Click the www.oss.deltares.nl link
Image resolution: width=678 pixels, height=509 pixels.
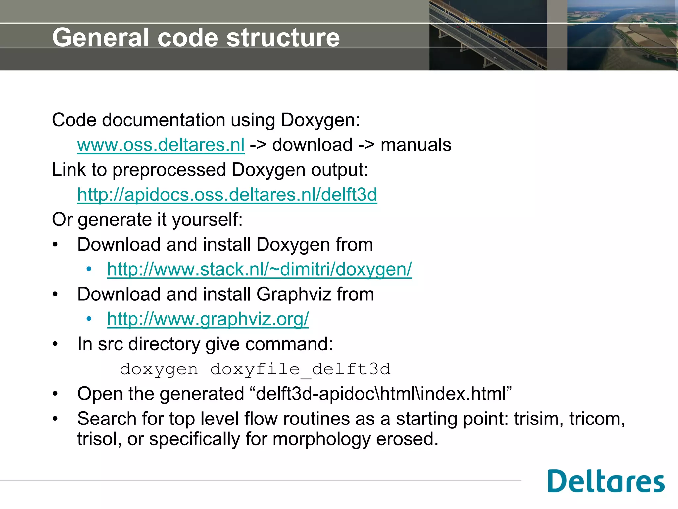[161, 145]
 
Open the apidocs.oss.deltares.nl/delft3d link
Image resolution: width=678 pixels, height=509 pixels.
[227, 195]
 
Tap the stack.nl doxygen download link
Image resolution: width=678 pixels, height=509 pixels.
[259, 269]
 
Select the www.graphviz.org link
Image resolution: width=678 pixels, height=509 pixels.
[208, 319]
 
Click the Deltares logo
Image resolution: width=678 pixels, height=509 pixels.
[606, 481]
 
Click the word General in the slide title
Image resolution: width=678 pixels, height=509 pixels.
[101, 37]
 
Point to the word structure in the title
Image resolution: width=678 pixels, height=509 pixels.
[283, 37]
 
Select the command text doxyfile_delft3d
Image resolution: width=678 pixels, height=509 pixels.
[300, 369]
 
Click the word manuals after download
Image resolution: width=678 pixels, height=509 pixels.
[416, 145]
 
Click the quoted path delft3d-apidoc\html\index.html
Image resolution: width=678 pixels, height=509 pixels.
[384, 394]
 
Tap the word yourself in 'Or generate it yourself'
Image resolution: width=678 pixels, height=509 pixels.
[207, 220]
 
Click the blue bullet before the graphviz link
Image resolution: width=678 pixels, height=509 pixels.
[89, 319]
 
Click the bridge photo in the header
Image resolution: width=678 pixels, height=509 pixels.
[488, 35]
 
